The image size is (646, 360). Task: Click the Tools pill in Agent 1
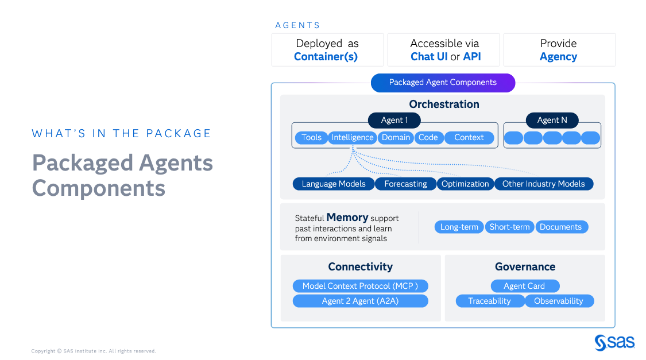coord(311,137)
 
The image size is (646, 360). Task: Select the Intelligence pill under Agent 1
coord(353,137)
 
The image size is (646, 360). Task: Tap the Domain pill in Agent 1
coord(396,137)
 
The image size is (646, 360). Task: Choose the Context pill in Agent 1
coord(469,137)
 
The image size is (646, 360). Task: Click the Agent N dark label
coord(552,120)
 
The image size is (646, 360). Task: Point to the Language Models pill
coord(334,184)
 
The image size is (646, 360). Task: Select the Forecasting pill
coord(405,184)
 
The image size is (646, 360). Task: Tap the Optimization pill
coord(465,184)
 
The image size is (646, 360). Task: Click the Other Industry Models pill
coord(543,184)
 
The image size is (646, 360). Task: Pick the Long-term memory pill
coord(459,227)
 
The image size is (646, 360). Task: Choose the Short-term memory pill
coord(509,227)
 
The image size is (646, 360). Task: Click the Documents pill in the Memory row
coord(560,227)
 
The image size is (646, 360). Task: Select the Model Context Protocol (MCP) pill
coord(360,286)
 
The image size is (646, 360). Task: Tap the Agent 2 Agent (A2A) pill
coord(360,301)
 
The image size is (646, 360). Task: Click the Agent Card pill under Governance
coord(524,286)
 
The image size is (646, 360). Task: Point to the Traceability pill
coord(489,301)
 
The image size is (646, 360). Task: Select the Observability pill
coord(558,301)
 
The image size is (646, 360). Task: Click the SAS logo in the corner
coord(614,342)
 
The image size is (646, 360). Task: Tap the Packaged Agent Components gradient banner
coord(443,83)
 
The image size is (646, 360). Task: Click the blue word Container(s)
coord(326,57)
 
